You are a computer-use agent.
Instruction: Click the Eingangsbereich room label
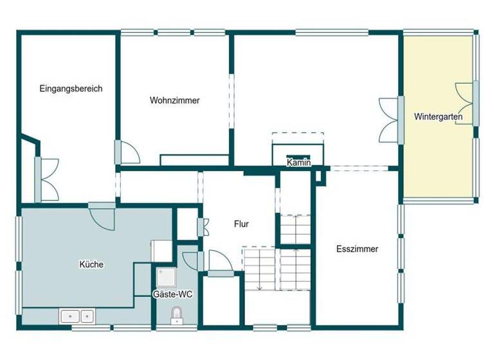coord(71,89)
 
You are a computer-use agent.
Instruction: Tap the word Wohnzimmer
coord(174,100)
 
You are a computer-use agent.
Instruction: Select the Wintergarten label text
coord(438,117)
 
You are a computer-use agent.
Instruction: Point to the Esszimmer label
coord(357,249)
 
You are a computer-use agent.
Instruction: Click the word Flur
coord(241,224)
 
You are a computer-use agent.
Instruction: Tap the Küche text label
coord(91,264)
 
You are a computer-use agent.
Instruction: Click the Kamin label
coord(299,163)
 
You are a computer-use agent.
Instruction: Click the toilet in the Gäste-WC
coord(176,314)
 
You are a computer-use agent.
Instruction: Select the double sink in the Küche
coord(78,316)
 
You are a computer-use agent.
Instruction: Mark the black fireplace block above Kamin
coord(298,156)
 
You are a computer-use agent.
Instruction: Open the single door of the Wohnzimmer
coord(127,152)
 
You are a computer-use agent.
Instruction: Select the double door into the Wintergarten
coord(390,120)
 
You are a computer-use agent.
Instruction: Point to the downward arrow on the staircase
coord(259,283)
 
